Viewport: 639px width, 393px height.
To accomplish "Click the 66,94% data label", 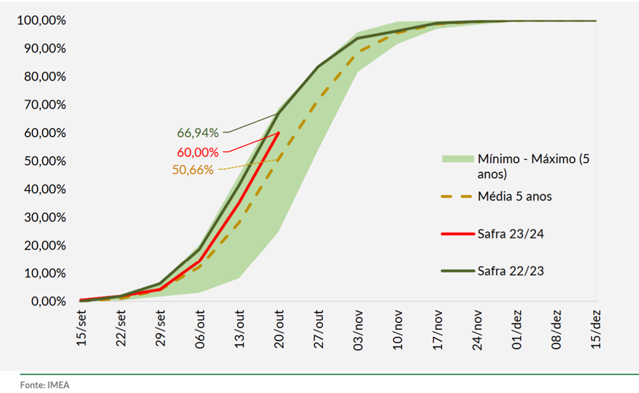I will coord(198,132).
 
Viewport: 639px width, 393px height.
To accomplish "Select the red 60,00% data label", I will coord(198,152).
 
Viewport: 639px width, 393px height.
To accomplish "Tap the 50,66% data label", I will coord(193,169).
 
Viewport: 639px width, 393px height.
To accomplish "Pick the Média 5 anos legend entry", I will coord(515,197).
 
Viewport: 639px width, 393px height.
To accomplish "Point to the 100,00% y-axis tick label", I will coord(42,21).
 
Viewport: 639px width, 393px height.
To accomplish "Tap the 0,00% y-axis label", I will coord(47,302).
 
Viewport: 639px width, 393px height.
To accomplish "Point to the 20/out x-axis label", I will coord(279,329).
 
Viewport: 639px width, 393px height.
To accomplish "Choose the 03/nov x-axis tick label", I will coord(358,329).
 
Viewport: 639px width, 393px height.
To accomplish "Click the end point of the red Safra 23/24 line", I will coord(278,132).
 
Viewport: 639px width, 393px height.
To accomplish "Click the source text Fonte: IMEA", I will coord(45,385).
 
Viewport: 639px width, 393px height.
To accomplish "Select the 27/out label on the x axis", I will coord(318,329).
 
